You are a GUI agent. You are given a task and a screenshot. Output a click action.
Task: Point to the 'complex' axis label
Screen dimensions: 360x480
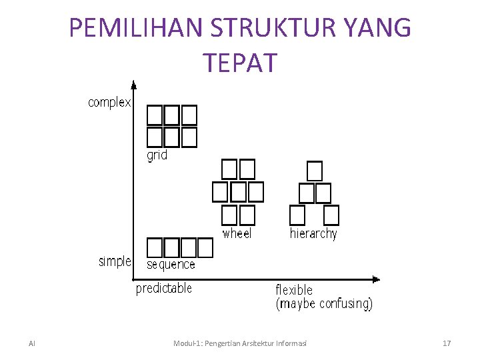click(x=109, y=103)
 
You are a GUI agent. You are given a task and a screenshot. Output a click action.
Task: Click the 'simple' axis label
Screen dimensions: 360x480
click(x=115, y=261)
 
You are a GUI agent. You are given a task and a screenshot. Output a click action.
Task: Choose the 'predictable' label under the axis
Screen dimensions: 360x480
click(x=164, y=289)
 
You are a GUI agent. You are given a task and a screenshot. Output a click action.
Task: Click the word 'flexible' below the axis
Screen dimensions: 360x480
click(x=294, y=290)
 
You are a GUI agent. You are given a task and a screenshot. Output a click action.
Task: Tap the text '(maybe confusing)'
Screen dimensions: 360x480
click(x=324, y=304)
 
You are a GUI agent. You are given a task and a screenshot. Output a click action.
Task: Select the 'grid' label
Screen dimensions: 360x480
click(x=157, y=155)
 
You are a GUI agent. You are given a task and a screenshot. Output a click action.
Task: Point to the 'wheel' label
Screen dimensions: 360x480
click(x=237, y=233)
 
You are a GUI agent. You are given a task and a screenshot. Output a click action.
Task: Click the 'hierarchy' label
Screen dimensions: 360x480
click(x=313, y=233)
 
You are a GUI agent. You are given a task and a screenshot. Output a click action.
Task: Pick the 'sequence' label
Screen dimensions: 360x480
click(x=171, y=265)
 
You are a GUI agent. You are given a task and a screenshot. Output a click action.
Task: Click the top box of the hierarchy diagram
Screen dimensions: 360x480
click(x=315, y=171)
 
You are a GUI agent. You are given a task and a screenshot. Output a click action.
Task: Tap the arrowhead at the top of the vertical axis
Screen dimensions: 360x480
click(x=133, y=85)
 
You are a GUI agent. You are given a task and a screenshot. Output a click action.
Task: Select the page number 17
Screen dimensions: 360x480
click(x=447, y=343)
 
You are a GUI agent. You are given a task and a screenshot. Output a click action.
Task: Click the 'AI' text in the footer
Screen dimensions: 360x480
click(x=32, y=343)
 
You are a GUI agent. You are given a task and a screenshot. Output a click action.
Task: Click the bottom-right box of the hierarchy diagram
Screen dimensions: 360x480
click(x=331, y=215)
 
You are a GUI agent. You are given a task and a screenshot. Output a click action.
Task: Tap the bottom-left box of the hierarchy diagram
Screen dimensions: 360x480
click(x=297, y=215)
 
